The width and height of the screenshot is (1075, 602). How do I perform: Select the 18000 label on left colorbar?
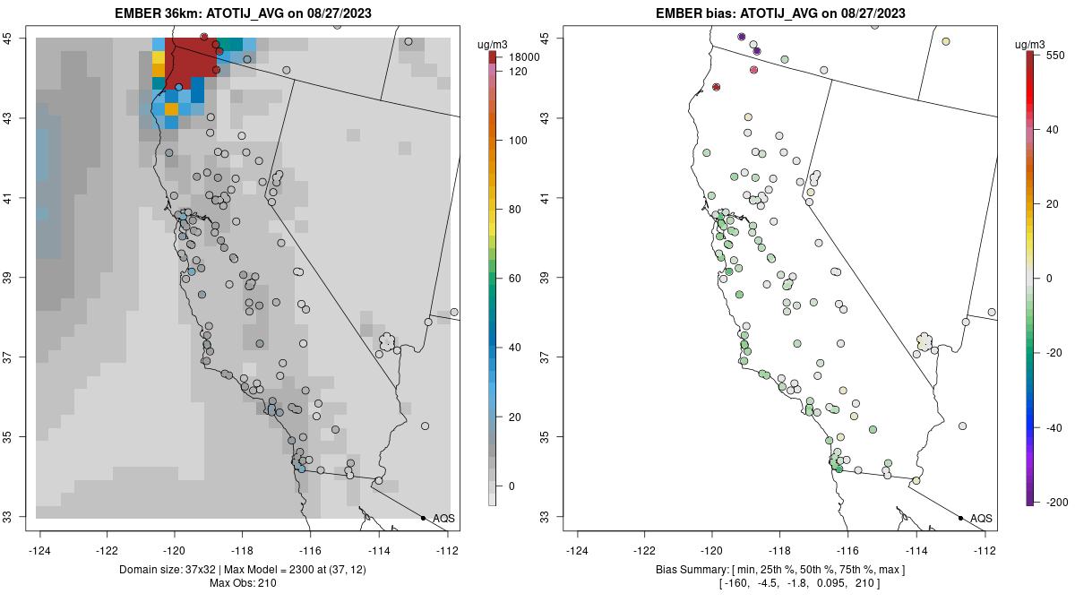tap(524, 57)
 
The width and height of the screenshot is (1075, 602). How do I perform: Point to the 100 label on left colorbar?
tap(519, 141)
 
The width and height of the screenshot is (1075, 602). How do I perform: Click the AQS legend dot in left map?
tap(423, 518)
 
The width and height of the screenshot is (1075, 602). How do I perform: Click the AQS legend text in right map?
tap(981, 518)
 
